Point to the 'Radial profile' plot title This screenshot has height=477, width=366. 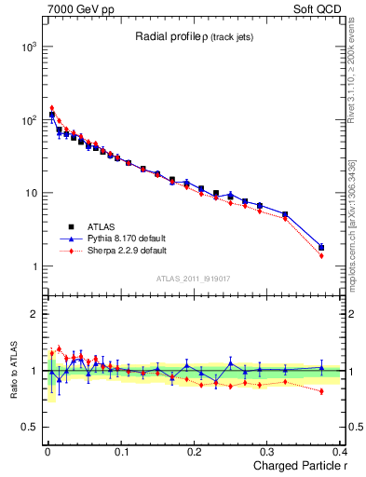[x=167, y=36]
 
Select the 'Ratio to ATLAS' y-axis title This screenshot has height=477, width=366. [x=12, y=370]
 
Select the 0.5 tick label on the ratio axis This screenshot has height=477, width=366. [x=28, y=427]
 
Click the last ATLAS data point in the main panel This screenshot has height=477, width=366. [x=321, y=248]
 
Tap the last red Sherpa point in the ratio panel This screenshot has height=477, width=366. [x=321, y=391]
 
